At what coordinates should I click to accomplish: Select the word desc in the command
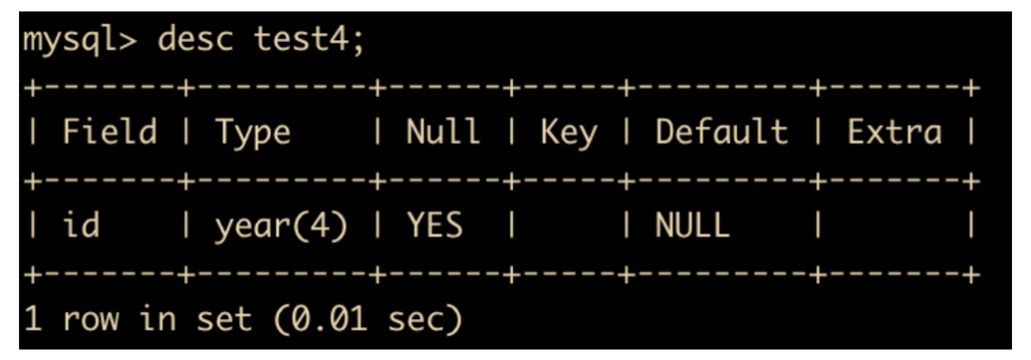(x=196, y=41)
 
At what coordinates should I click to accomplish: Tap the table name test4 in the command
(x=304, y=41)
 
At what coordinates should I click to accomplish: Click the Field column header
(x=110, y=132)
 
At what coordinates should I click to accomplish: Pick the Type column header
(x=252, y=134)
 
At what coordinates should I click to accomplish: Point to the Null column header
(x=443, y=132)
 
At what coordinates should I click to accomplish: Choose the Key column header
(x=569, y=134)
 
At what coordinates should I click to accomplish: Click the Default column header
(x=722, y=132)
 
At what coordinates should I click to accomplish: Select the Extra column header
(x=894, y=132)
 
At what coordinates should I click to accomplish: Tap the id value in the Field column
(x=81, y=225)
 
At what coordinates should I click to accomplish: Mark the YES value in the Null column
(x=434, y=225)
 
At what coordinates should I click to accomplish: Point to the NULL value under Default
(x=692, y=225)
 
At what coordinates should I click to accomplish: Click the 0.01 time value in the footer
(x=330, y=319)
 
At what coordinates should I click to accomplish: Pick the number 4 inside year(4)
(x=319, y=225)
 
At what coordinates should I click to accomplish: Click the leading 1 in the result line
(x=32, y=319)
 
